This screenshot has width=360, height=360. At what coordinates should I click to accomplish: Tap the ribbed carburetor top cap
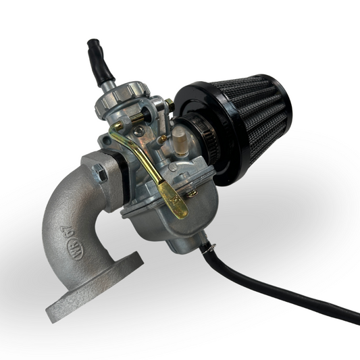point(126,95)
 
